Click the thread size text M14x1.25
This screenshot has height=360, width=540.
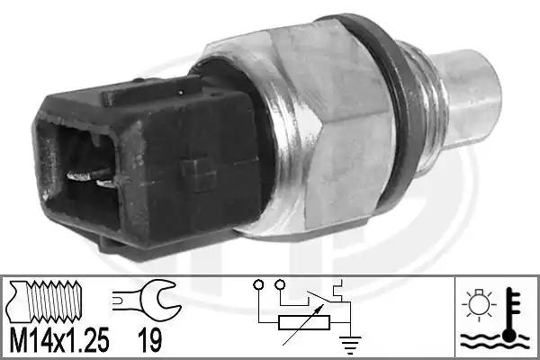58,339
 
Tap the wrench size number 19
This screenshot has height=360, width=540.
149,339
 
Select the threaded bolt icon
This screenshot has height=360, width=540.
46,301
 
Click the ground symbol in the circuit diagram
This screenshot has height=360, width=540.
350,345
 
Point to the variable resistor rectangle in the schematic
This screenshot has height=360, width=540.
304,322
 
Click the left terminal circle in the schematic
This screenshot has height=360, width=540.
258,285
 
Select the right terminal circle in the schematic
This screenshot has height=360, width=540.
281,284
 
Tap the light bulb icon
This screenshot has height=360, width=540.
479,304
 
